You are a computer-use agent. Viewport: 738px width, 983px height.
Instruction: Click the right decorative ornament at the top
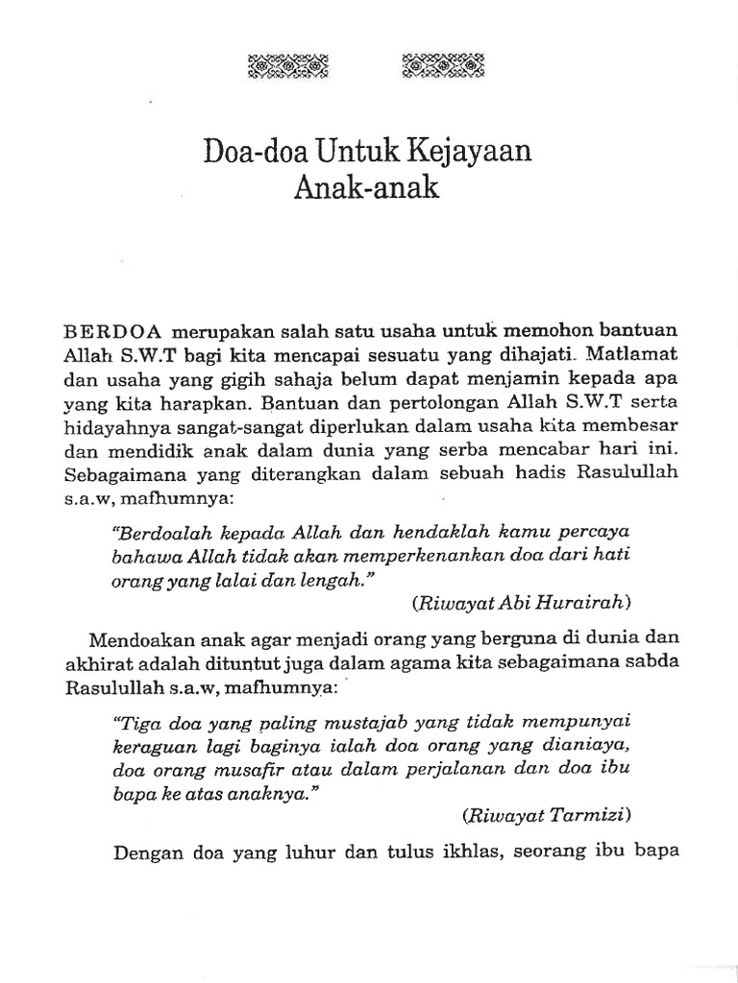pos(441,67)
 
